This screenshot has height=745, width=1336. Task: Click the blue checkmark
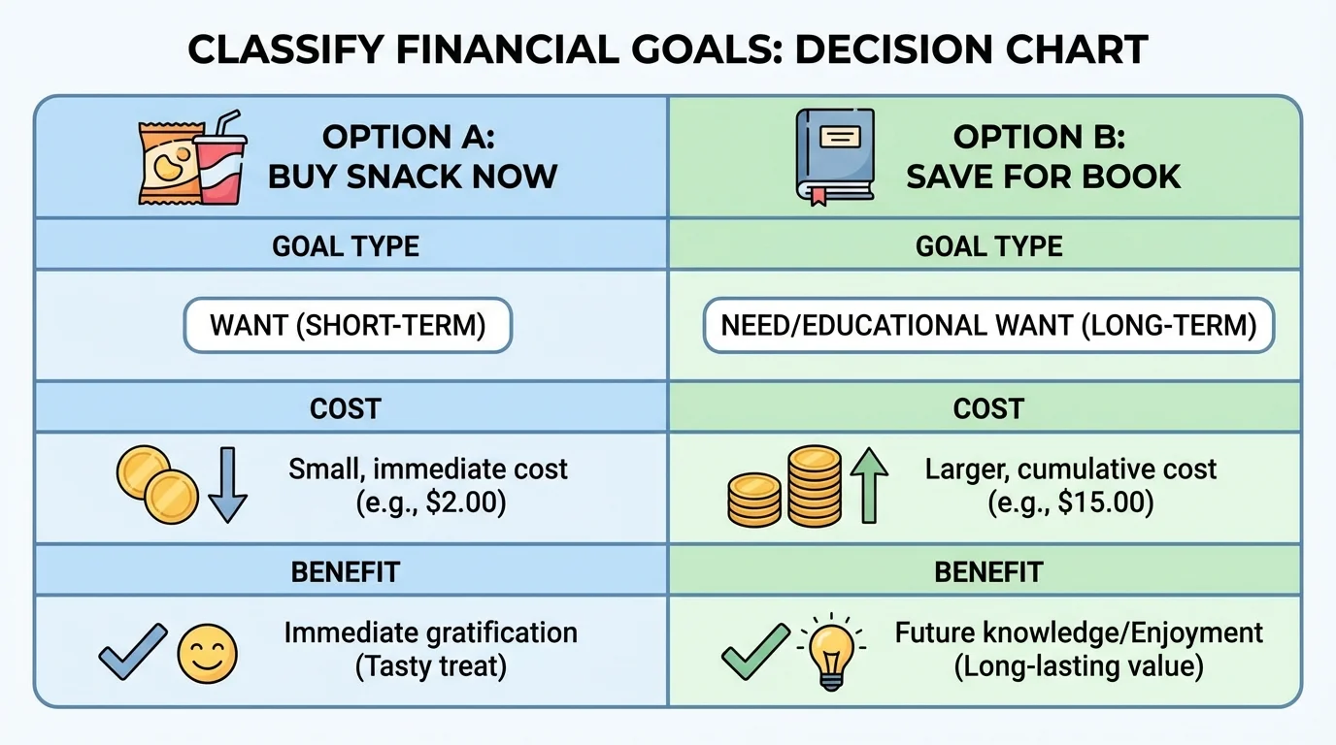[x=133, y=650]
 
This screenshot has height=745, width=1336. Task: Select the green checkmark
[x=754, y=650]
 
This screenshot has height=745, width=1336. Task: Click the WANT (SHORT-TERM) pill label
[x=348, y=325]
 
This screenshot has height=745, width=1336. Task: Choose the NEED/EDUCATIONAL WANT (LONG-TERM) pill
[x=988, y=325]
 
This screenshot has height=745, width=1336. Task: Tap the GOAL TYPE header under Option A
[x=346, y=246]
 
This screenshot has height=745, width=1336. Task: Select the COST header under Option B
[x=988, y=409]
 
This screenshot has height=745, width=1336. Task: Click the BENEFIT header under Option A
[x=346, y=572]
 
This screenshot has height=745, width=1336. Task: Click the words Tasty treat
[x=431, y=667]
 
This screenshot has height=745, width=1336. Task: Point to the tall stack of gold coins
[x=814, y=487]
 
